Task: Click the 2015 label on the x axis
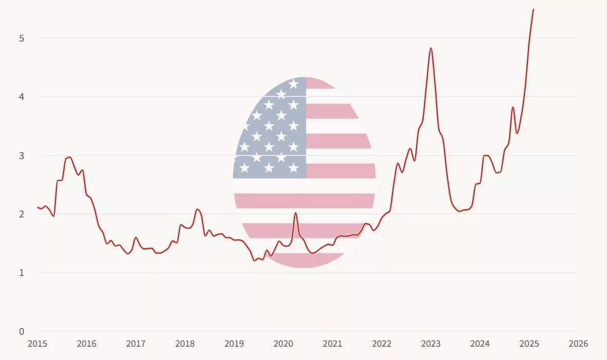(x=37, y=344)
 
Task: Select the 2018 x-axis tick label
(x=185, y=344)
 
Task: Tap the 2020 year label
(x=283, y=344)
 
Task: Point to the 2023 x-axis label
(x=430, y=344)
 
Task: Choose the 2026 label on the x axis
(x=578, y=344)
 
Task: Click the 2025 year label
(x=529, y=344)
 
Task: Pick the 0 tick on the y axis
(x=22, y=331)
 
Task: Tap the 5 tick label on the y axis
(x=22, y=38)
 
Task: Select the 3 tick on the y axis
(x=22, y=155)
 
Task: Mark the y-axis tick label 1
(x=22, y=273)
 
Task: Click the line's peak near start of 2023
(x=430, y=48)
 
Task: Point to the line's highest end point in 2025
(x=533, y=9)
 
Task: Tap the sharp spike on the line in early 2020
(x=295, y=213)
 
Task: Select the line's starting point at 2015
(x=37, y=207)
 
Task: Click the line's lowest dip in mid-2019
(x=254, y=261)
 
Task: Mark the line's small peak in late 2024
(x=513, y=107)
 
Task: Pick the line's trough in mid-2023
(x=459, y=211)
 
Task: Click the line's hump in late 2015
(x=69, y=157)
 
